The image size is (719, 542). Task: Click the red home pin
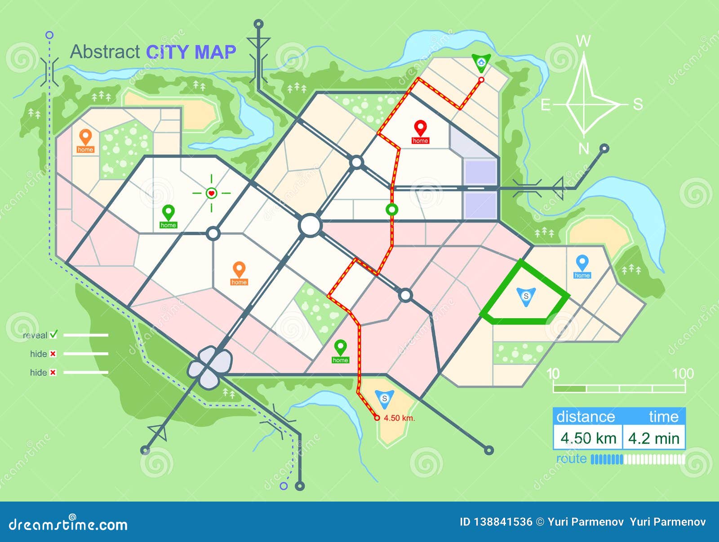(420, 129)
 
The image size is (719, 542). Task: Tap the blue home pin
(582, 263)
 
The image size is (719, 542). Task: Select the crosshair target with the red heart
(211, 193)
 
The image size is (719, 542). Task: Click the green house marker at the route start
(481, 62)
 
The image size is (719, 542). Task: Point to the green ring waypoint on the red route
(392, 209)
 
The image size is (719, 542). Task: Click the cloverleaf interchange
(210, 366)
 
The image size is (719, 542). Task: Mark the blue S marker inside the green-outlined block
(526, 297)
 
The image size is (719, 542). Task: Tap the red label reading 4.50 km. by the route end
(399, 418)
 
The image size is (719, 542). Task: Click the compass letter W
(583, 41)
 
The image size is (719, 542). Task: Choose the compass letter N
(583, 148)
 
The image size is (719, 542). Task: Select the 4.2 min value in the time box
(654, 438)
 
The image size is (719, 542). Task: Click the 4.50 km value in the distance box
(588, 438)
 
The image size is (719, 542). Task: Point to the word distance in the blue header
(586, 417)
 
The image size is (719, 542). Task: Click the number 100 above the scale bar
(683, 373)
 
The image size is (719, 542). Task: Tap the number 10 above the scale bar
(553, 373)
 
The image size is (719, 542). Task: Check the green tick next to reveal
(54, 334)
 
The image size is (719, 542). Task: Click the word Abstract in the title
(105, 52)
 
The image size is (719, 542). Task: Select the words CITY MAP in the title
(191, 52)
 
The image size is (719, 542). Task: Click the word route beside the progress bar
(571, 459)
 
